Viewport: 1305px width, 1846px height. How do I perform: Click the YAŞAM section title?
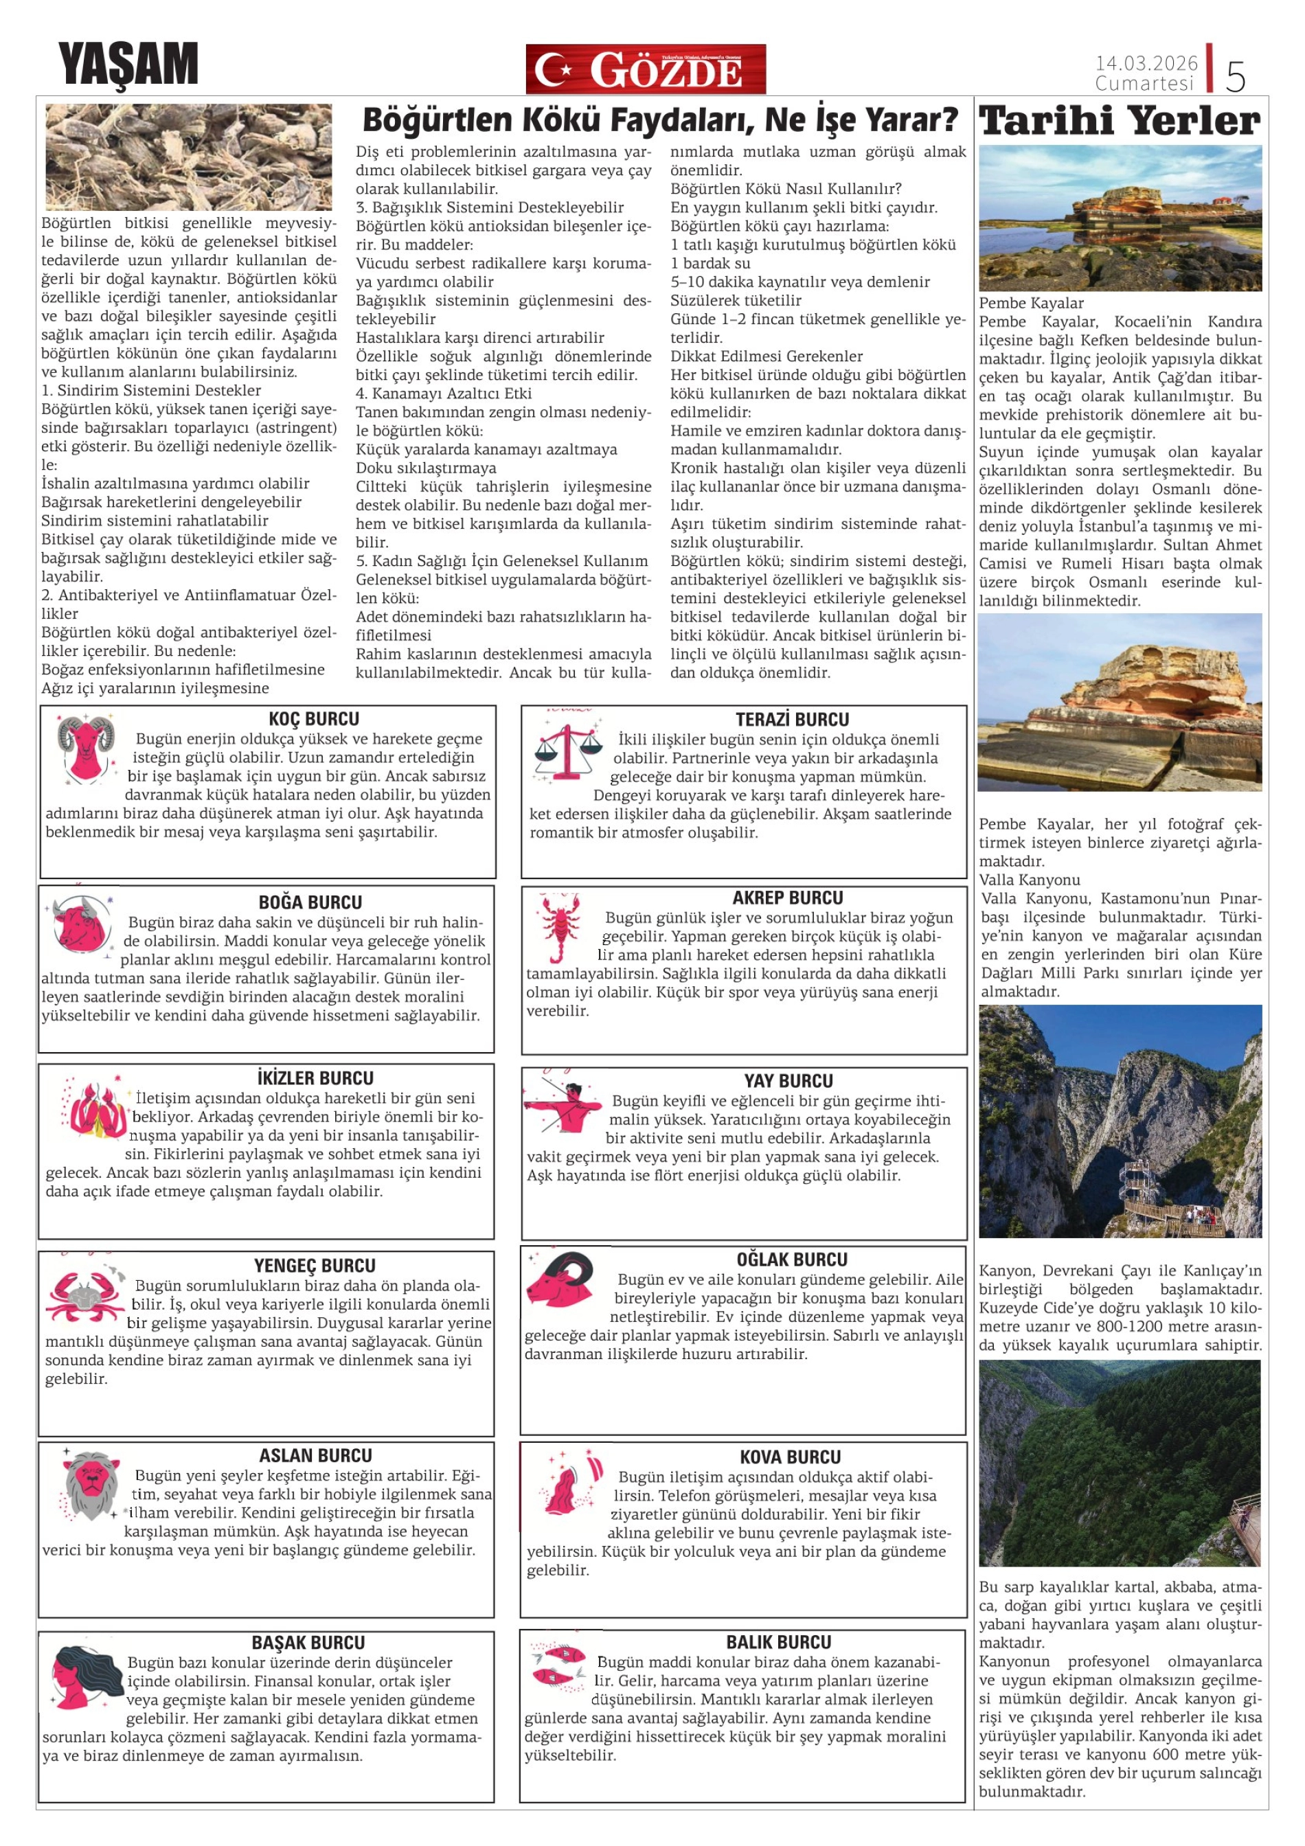point(128,65)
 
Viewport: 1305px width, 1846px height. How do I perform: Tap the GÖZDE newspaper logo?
point(646,69)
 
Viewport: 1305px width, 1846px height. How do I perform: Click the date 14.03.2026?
point(1146,62)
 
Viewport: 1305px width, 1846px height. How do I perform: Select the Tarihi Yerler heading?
point(1120,121)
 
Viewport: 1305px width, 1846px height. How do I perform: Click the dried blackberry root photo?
point(188,157)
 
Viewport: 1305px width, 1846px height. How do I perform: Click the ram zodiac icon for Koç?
point(84,749)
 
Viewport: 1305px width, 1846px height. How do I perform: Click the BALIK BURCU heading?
point(778,1642)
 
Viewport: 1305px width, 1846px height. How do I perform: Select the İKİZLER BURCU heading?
point(315,1078)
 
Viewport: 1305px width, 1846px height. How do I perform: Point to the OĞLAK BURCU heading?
point(791,1259)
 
